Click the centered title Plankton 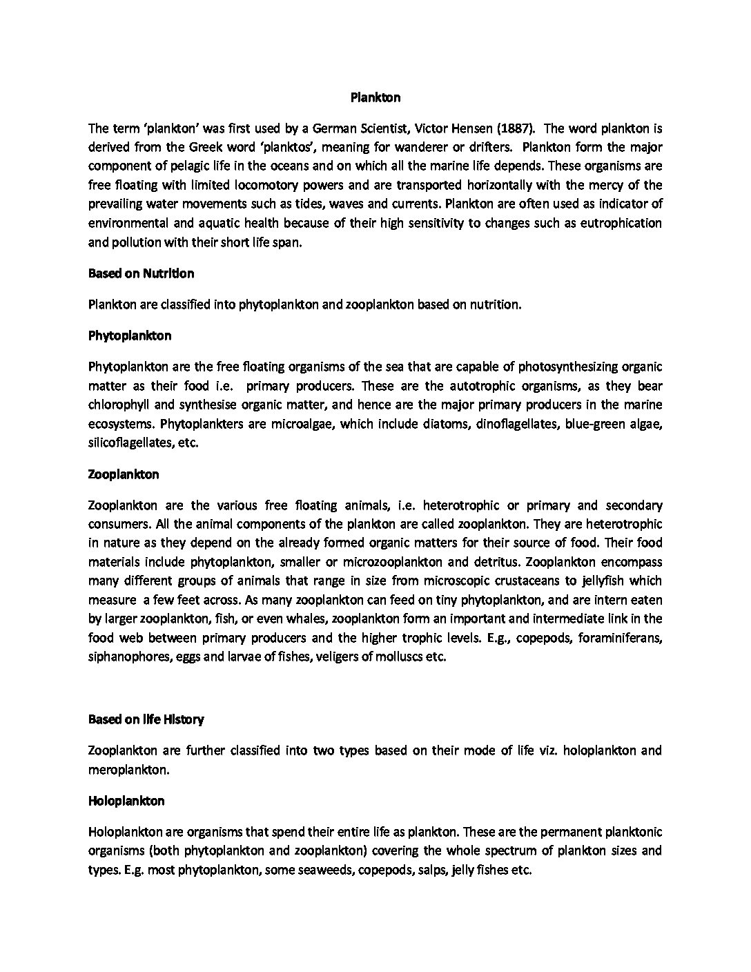[375, 97]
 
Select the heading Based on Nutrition [141, 273]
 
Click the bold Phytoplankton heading [130, 336]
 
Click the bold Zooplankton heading [124, 474]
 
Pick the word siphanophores [128, 657]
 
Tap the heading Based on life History [146, 719]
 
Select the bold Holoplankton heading [126, 801]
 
